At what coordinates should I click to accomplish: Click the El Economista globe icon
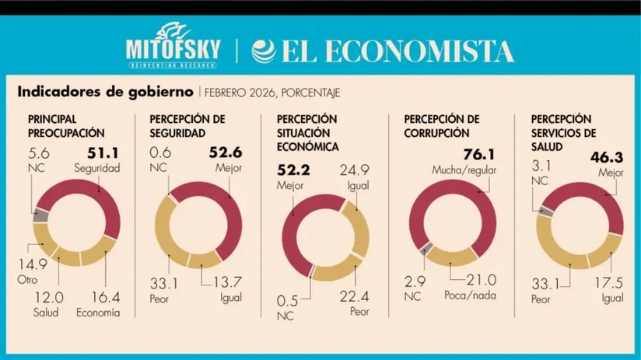(264, 51)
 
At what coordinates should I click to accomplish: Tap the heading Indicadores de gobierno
(104, 92)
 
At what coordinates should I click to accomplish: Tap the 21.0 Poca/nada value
(482, 280)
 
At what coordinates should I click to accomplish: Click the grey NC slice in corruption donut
(426, 249)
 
